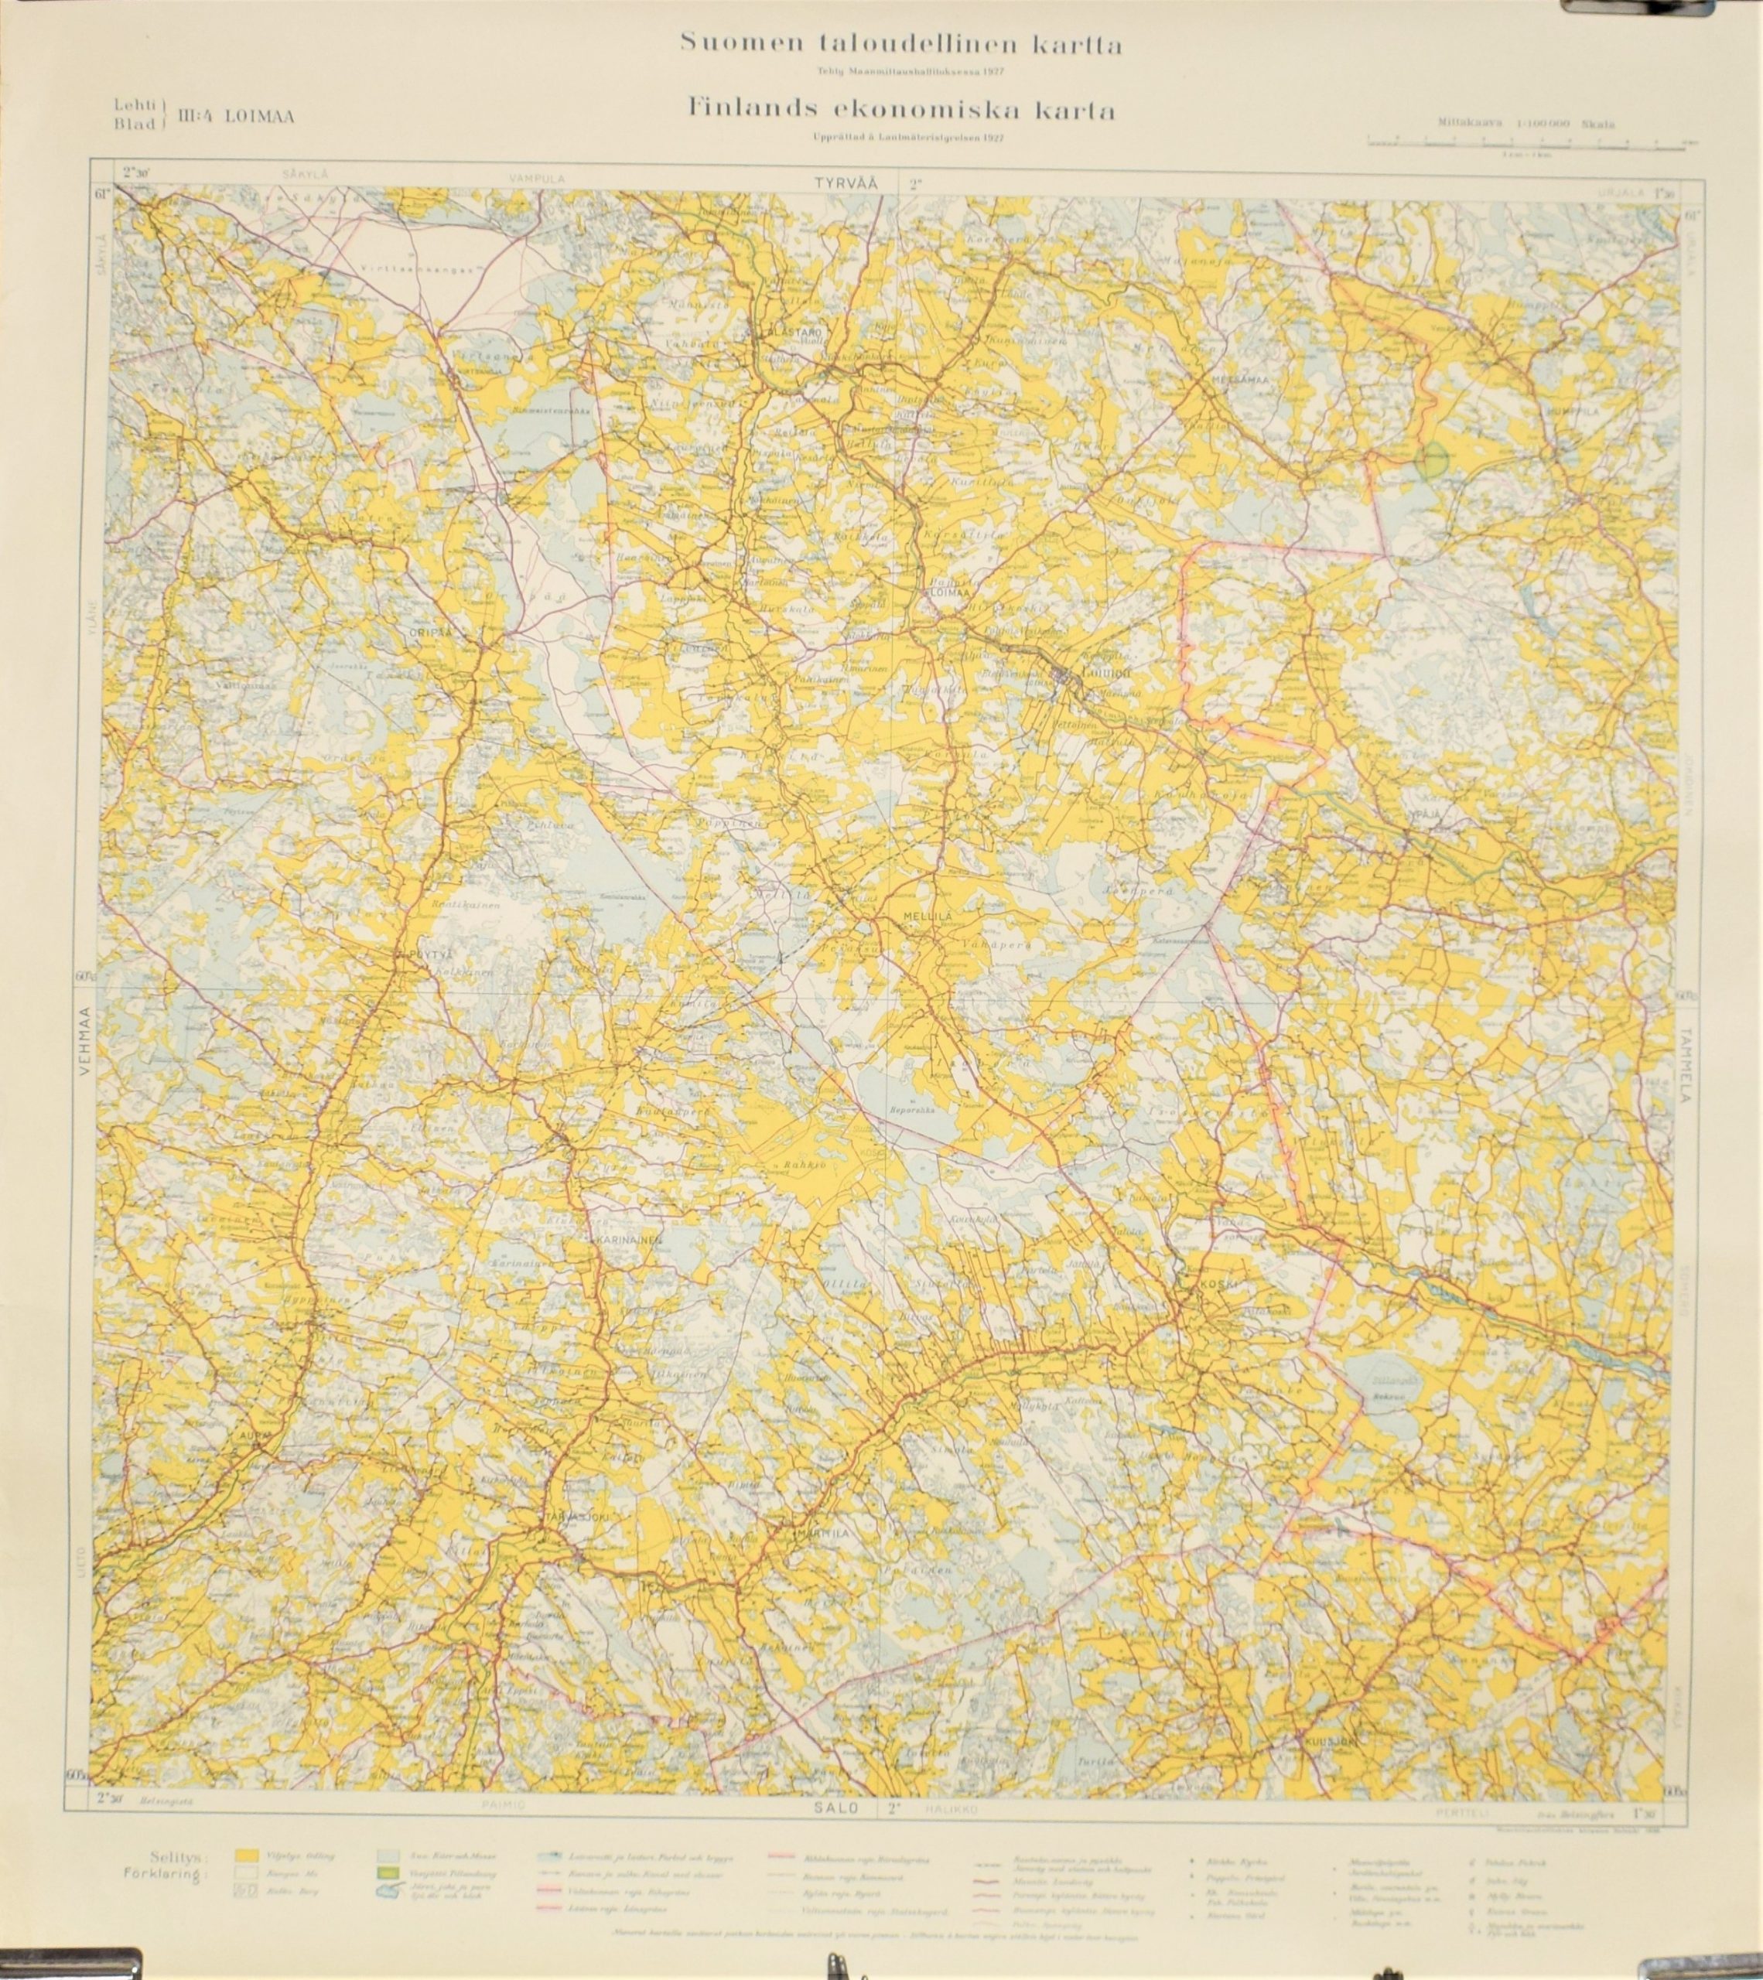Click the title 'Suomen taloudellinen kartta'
[901, 43]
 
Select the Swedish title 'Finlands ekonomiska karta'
[901, 111]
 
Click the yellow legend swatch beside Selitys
[249, 1855]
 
